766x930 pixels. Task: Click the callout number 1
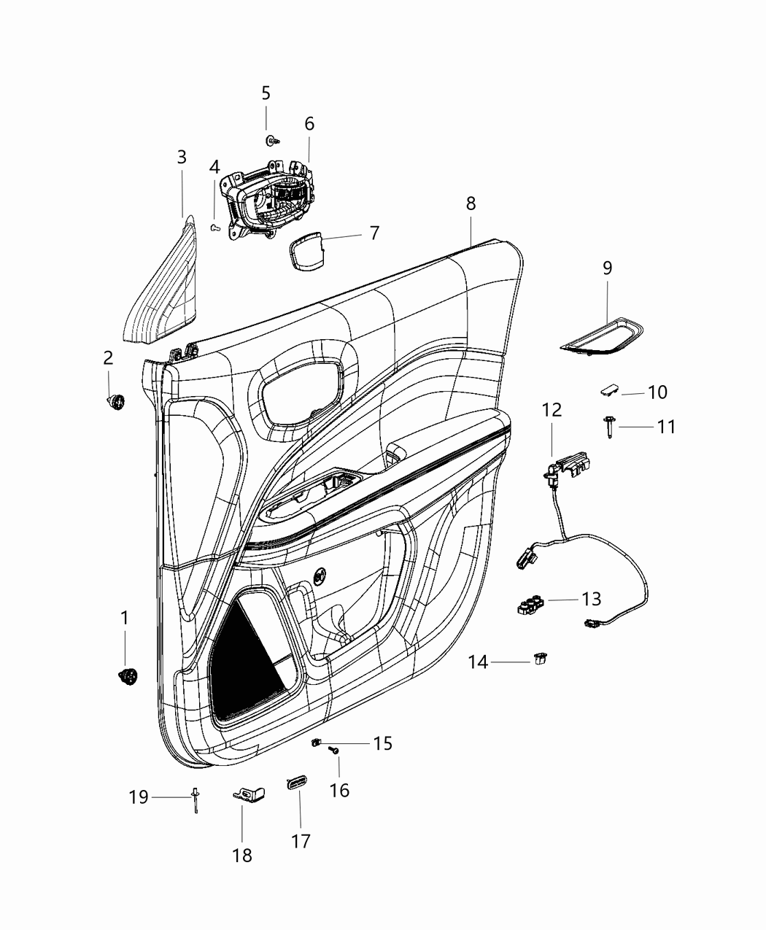[124, 618]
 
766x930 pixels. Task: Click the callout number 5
[266, 93]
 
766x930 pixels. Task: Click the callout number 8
[471, 204]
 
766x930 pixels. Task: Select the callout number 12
[552, 410]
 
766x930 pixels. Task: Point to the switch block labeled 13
[528, 605]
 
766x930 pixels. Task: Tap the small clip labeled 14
[541, 659]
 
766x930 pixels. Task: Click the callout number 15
[383, 743]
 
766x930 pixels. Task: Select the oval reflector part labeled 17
[296, 783]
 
